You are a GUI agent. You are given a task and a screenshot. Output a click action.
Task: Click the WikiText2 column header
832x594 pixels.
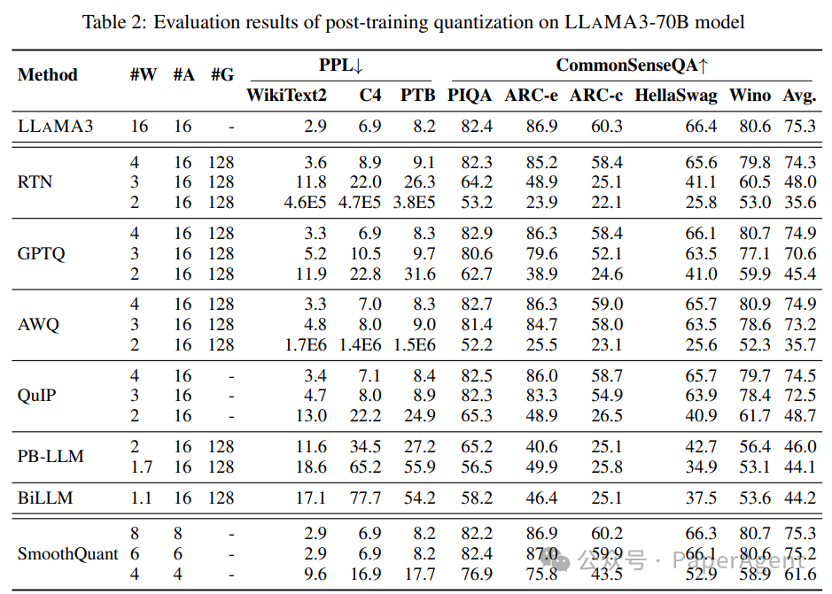coord(286,96)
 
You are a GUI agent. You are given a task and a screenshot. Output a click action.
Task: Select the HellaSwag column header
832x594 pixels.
coord(676,96)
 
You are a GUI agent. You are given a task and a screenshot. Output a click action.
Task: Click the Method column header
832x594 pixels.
coord(48,75)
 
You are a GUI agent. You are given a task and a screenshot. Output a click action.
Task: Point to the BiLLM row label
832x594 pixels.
coord(44,498)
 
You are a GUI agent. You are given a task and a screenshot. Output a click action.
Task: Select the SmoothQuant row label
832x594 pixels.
coord(68,554)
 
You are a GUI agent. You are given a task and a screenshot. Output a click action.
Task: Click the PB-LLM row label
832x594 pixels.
coord(51,457)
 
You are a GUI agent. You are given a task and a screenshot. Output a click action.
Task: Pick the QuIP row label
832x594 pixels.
coord(36,396)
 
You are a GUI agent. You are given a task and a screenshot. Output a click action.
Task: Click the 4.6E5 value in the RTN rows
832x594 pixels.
coord(305,202)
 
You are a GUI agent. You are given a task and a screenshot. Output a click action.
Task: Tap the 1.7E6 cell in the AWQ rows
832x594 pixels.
coord(304,344)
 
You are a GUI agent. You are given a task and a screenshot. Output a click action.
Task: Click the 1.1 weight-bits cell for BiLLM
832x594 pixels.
coord(141,498)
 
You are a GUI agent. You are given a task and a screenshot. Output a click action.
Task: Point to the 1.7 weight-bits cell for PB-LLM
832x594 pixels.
coord(141,467)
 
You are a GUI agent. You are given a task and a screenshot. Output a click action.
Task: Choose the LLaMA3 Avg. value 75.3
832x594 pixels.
coord(800,127)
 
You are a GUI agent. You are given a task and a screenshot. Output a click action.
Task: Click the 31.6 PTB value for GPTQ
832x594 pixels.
coord(418,274)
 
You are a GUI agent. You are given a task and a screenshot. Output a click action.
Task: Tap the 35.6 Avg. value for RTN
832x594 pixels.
coord(800,202)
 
